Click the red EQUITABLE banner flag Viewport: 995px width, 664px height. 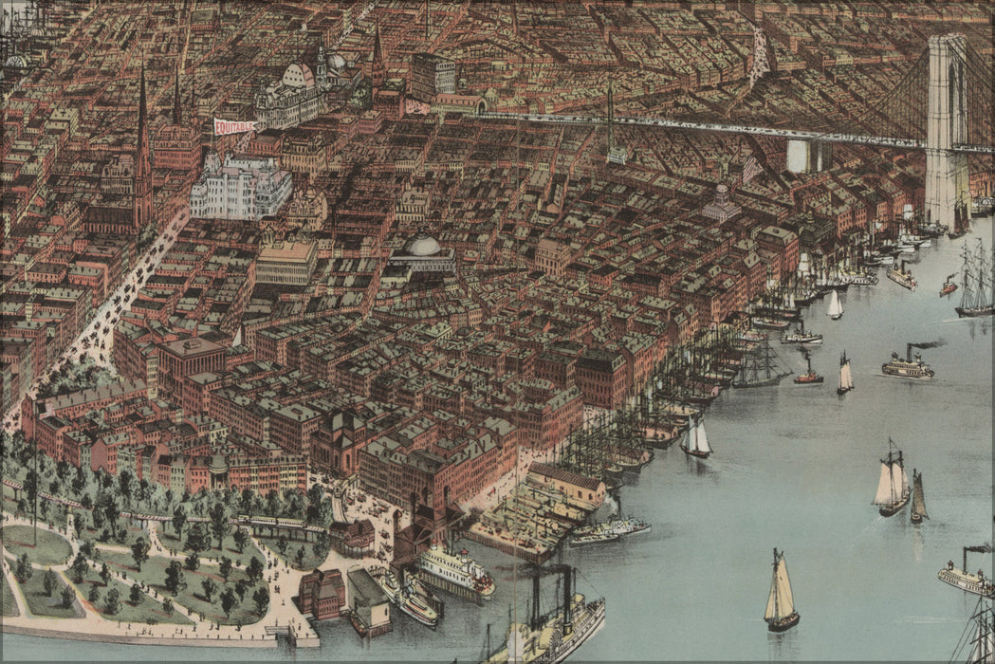tap(232, 125)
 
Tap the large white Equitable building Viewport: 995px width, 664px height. tap(239, 187)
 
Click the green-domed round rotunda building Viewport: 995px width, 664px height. tap(422, 251)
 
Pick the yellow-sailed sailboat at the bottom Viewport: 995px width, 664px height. tap(781, 593)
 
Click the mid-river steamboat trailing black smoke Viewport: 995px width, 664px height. tap(908, 364)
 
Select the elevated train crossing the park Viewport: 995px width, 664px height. tap(280, 524)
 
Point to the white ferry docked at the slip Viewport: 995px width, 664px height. tap(455, 570)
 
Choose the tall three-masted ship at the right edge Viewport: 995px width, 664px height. tap(975, 280)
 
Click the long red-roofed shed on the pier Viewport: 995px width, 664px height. tap(566, 481)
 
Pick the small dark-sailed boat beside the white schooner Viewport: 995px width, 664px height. tap(918, 498)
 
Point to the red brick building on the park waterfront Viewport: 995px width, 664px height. tap(321, 593)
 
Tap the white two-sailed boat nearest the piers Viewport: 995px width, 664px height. tap(697, 438)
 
